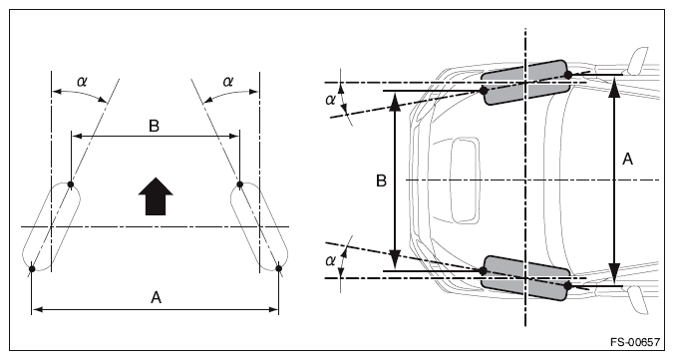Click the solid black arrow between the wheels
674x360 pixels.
coord(156,196)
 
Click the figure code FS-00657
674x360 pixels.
coord(634,342)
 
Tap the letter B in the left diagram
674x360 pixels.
coord(154,126)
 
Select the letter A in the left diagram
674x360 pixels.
coord(156,297)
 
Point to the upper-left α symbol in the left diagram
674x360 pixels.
coord(82,81)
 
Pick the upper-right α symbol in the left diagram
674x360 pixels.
coord(227,81)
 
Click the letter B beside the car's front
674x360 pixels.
coord(381,180)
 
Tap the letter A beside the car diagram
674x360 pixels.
coord(627,160)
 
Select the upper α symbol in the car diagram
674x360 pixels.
coord(330,100)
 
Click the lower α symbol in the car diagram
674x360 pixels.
coord(330,261)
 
